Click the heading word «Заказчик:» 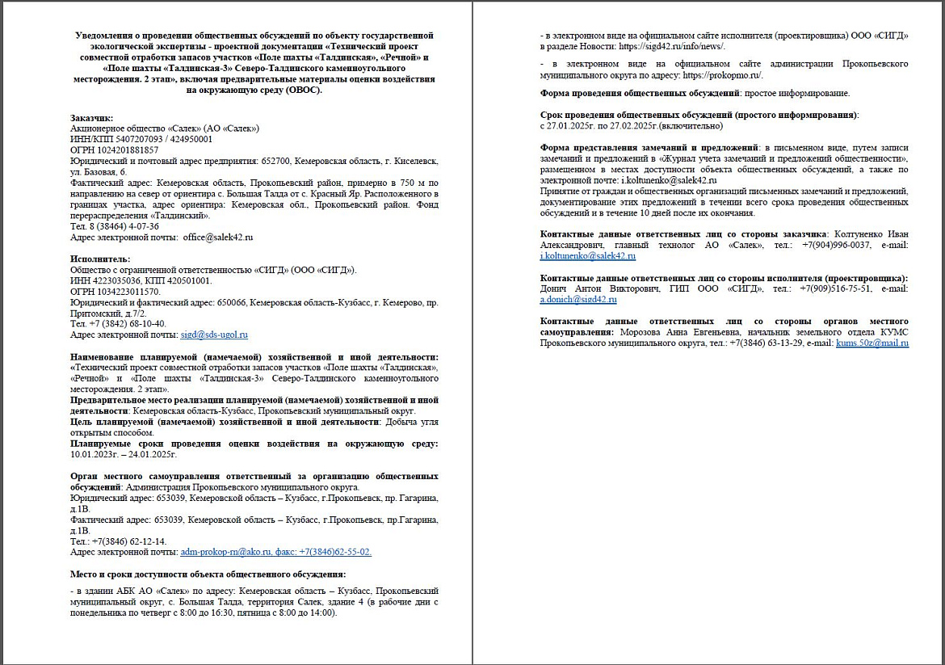[x=92, y=118]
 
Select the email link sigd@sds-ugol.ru [x=214, y=335]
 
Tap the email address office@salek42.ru [x=218, y=238]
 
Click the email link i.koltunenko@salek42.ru [x=588, y=256]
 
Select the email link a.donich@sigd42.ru [x=578, y=300]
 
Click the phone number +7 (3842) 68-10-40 [x=128, y=323]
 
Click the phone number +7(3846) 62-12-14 [x=129, y=541]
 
